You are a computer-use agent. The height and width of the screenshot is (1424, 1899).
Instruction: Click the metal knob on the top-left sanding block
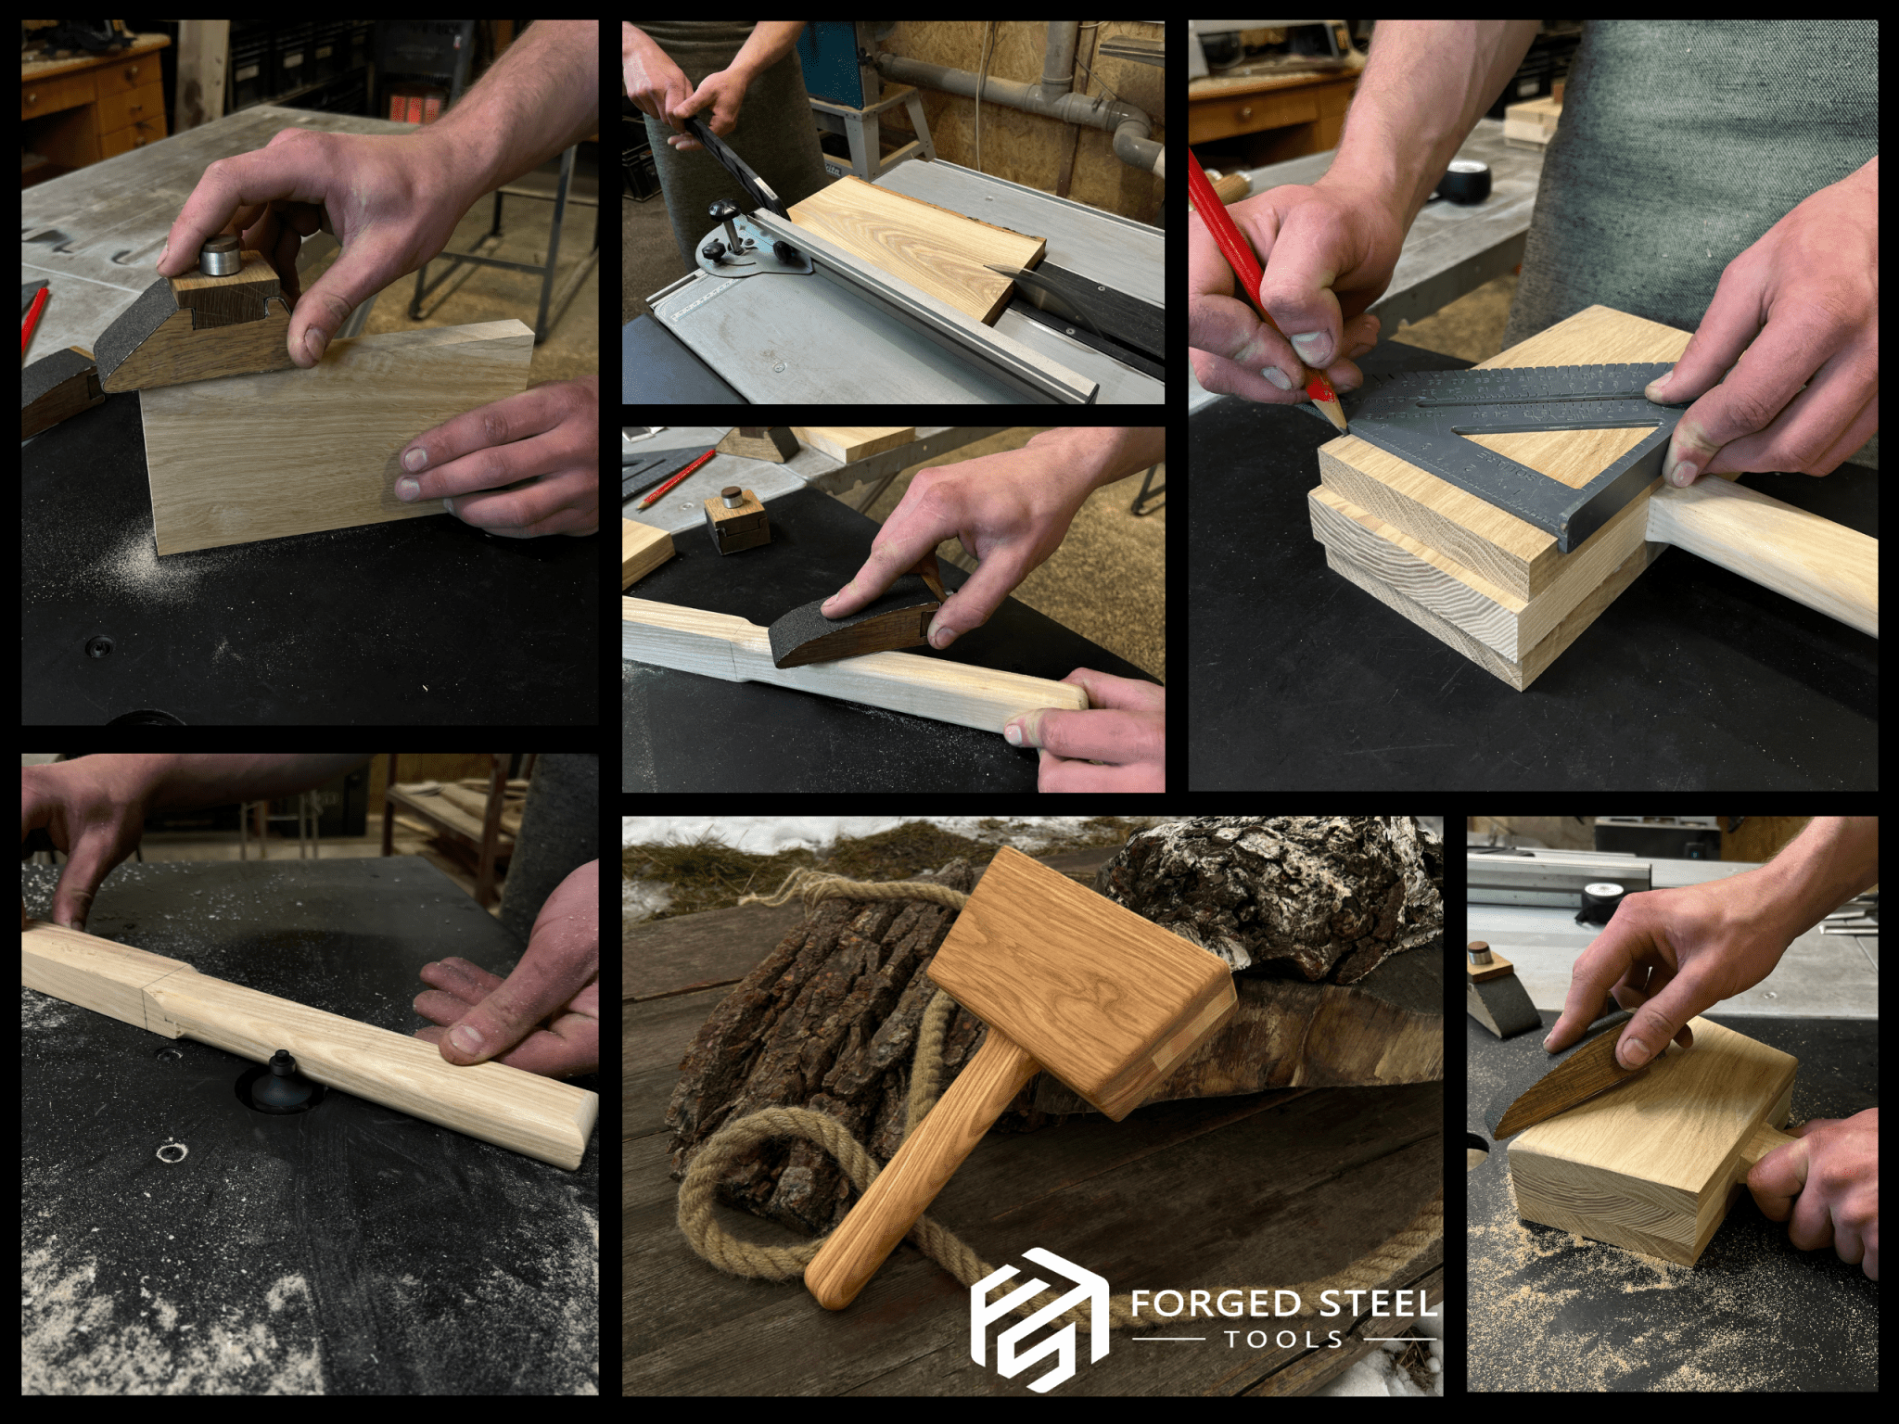click(x=220, y=254)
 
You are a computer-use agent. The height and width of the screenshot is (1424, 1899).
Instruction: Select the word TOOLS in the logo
click(x=1283, y=1339)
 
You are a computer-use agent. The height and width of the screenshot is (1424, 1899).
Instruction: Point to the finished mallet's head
click(x=1080, y=983)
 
